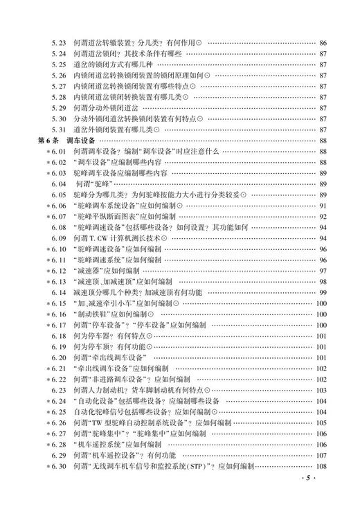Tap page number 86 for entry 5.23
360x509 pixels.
(x=323, y=44)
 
